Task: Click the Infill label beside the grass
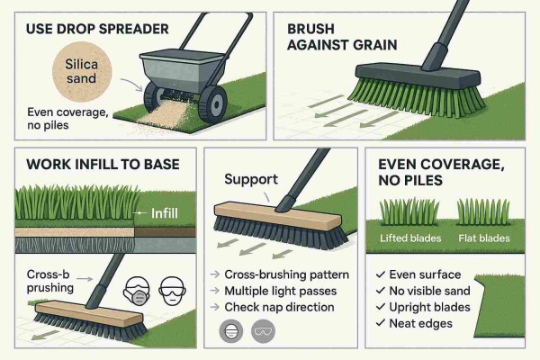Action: click(150, 213)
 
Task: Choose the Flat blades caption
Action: click(483, 238)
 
